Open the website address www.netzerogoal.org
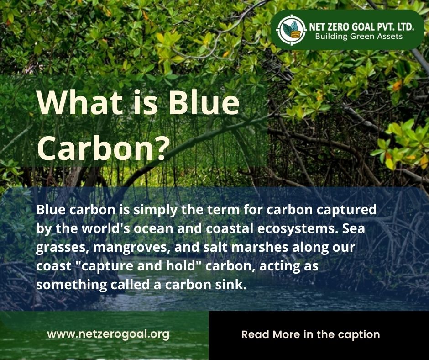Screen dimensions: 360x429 point(108,334)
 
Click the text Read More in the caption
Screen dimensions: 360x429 point(310,334)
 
